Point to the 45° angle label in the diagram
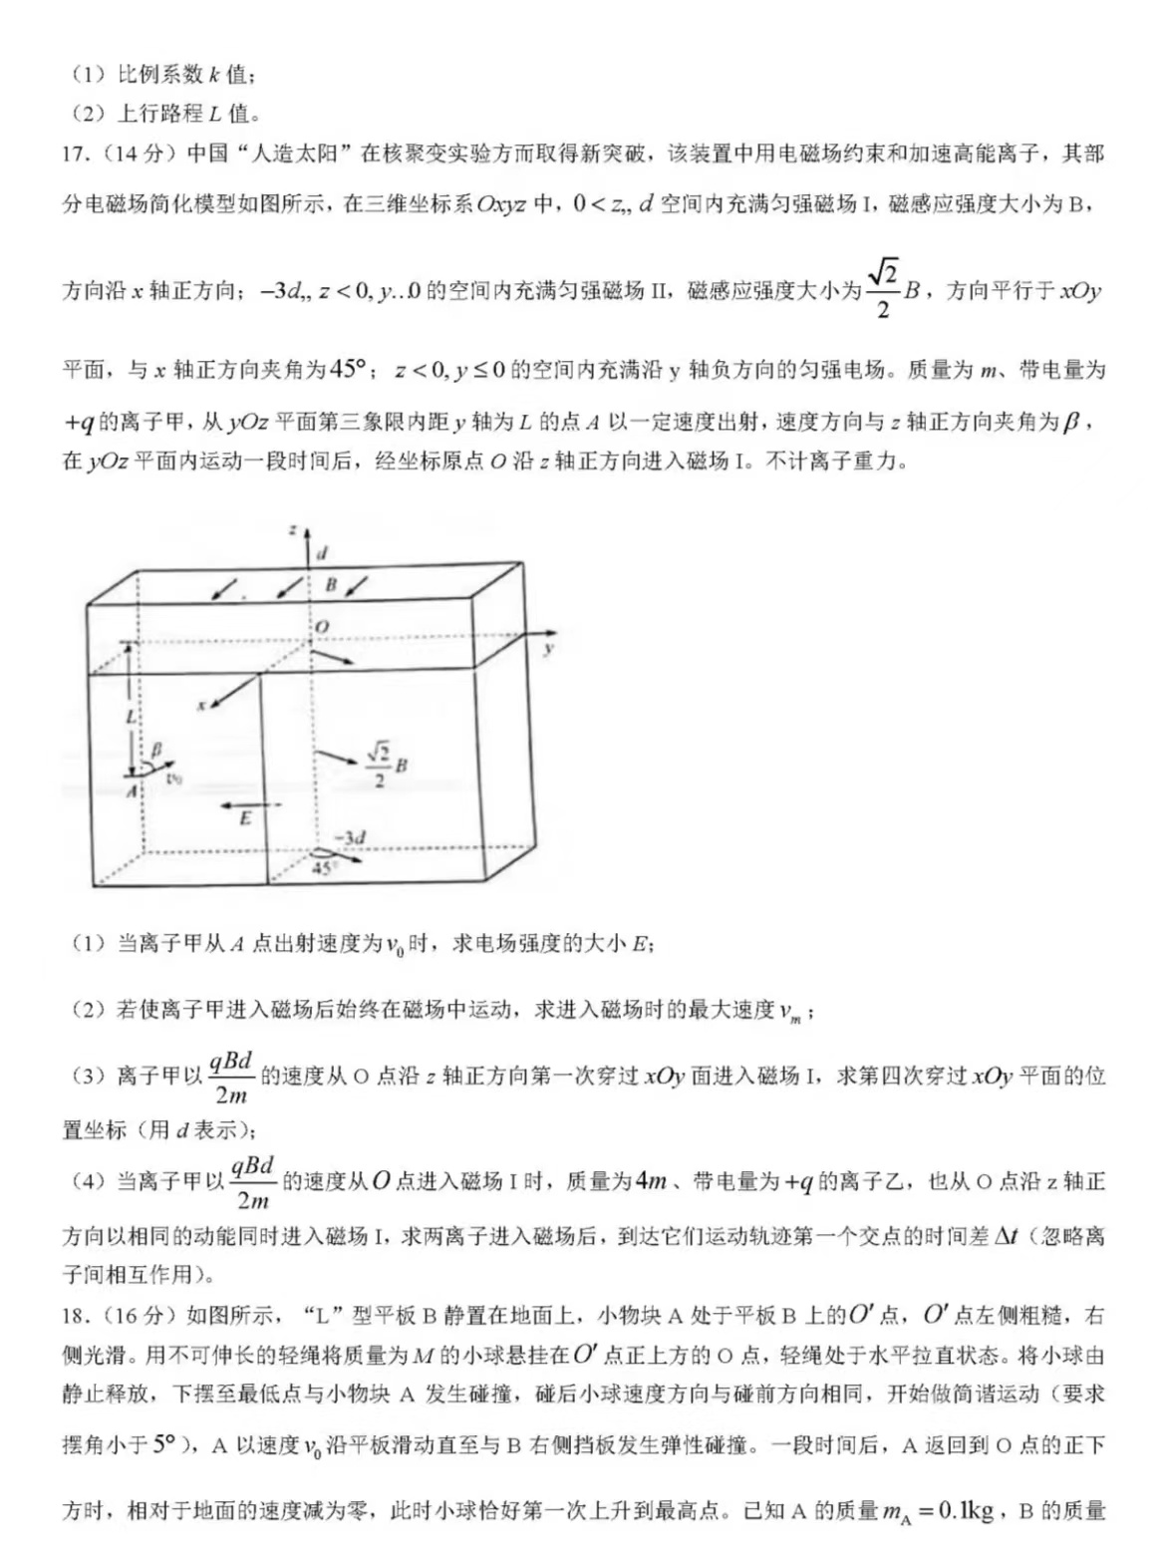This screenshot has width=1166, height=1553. click(323, 869)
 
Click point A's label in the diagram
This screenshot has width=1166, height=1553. click(131, 790)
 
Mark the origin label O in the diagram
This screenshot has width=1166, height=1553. click(322, 626)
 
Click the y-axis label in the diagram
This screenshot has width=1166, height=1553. click(549, 648)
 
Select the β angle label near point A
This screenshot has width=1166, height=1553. click(156, 749)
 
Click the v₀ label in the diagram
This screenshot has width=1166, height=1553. click(174, 778)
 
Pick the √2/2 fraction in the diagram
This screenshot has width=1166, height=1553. click(379, 766)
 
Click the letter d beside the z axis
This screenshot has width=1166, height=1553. click(322, 552)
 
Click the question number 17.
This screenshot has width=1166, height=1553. click(76, 155)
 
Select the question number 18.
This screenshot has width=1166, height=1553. click(76, 1316)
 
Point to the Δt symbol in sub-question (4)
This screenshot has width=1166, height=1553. click(1006, 1236)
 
